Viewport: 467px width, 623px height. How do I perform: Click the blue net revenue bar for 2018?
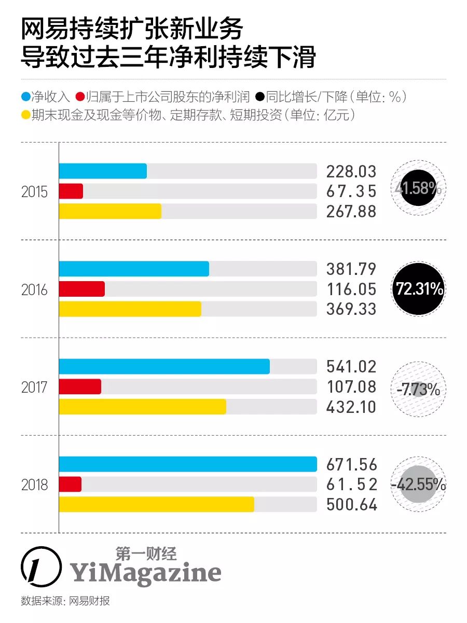coord(187,464)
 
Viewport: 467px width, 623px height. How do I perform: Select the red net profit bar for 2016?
coord(82,289)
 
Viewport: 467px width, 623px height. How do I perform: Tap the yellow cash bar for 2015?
coord(110,211)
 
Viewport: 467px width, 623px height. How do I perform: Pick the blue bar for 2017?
coord(164,366)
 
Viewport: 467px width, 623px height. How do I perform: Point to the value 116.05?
coord(351,289)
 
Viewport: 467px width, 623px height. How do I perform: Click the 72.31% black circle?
coord(419,289)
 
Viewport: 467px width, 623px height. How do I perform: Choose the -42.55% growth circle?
coord(418,485)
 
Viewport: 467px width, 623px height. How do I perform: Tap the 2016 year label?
coord(34,290)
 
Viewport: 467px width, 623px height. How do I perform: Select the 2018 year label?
coord(34,485)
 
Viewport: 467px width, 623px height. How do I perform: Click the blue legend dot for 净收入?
coord(25,97)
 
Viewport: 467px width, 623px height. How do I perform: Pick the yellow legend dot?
coord(25,115)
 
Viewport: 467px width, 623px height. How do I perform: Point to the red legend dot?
coord(80,97)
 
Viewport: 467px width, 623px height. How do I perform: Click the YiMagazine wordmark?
coord(145,573)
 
